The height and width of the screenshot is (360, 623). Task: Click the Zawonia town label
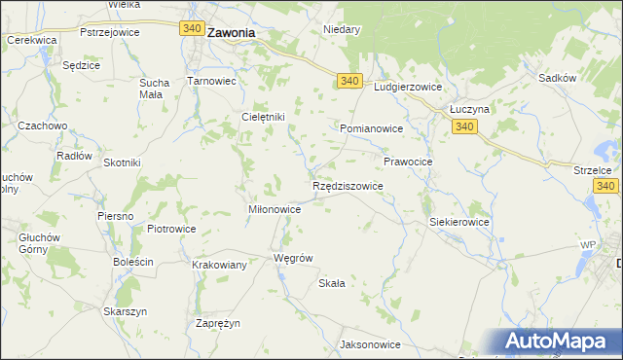[231, 32]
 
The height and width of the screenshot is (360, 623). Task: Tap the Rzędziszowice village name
[348, 185]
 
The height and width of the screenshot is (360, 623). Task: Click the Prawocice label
[408, 161]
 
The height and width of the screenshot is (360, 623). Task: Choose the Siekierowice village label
[459, 222]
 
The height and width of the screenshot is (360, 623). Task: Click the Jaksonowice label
[370, 344]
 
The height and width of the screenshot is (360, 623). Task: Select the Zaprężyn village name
[218, 323]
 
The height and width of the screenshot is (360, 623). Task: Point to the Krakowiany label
[219, 264]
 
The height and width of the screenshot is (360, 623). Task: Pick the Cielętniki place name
[263, 117]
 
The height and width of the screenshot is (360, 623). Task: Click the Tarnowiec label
[212, 81]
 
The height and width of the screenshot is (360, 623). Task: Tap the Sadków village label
[555, 75]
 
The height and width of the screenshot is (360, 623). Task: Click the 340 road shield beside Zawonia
[192, 29]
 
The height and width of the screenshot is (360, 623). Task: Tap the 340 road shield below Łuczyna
[464, 127]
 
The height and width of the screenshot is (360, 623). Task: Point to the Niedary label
[342, 29]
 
